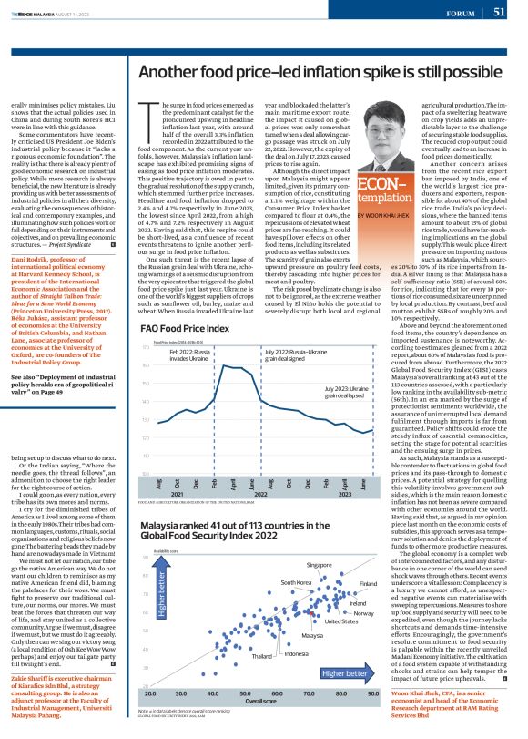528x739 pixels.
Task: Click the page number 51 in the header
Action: [500, 12]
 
